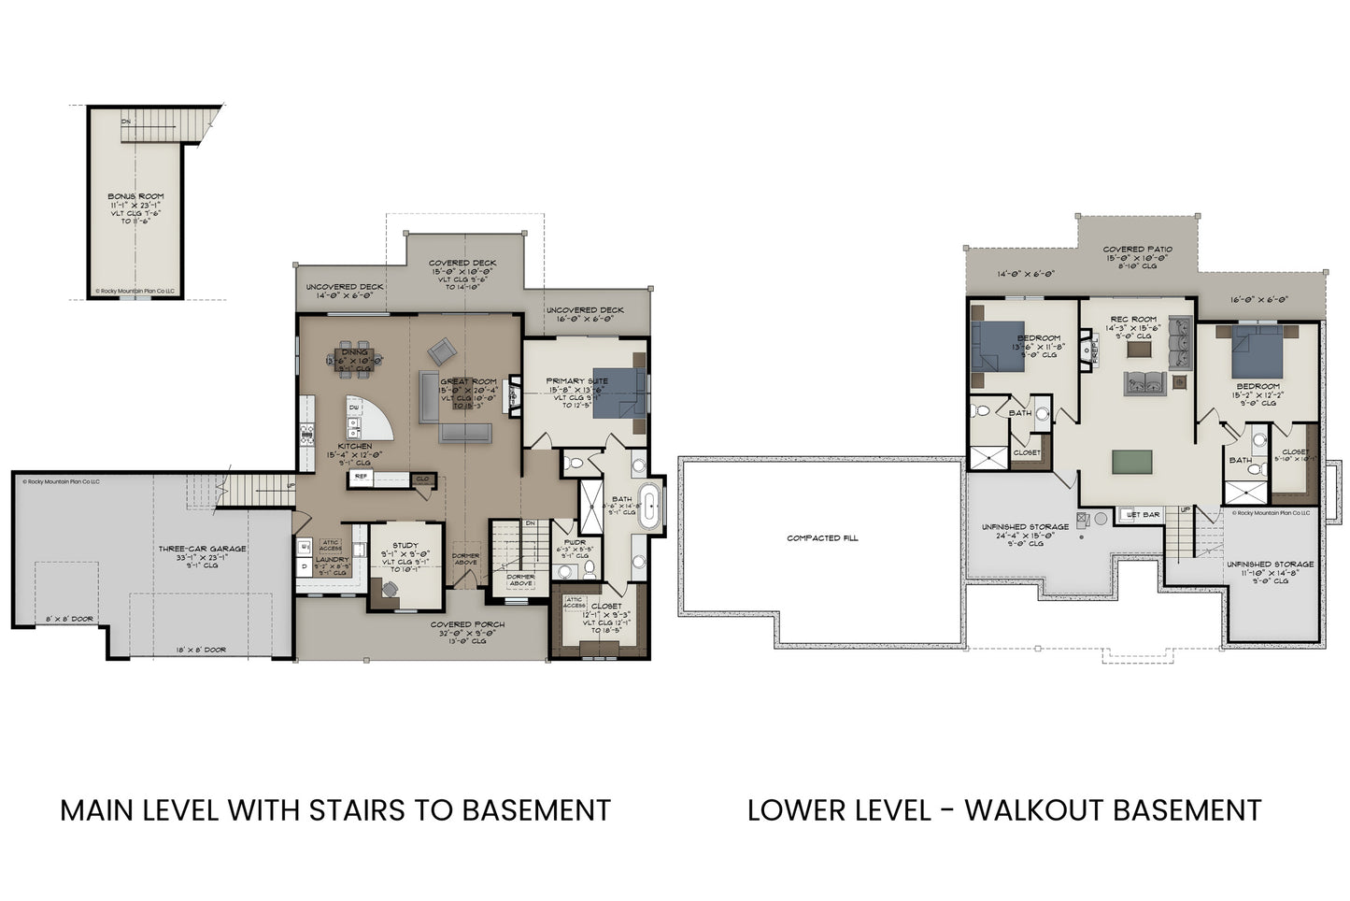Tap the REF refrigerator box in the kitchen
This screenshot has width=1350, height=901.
pos(361,477)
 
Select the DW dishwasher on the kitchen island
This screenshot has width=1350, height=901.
pos(354,408)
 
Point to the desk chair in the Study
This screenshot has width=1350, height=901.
pos(389,589)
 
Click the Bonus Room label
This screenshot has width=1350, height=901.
pos(135,197)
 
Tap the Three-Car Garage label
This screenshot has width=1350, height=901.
pos(202,549)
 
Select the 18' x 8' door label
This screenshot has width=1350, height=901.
pos(201,650)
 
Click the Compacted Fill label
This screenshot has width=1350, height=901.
pos(822,538)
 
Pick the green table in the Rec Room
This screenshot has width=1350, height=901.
pos(1131,463)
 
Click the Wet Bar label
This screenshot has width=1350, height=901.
pos(1144,515)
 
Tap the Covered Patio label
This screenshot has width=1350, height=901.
pos(1137,250)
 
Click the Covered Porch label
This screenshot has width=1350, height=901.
pos(467,624)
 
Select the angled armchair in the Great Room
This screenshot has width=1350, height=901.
pos(442,352)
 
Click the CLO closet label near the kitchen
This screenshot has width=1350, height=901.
pos(422,479)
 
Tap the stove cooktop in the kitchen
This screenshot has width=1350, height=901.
pos(306,431)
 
